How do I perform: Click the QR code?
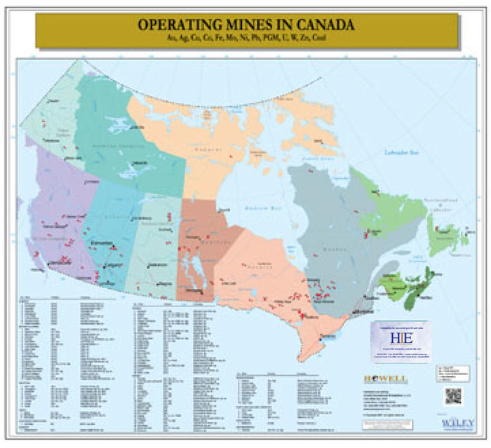pyautogui.click(x=452, y=396)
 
